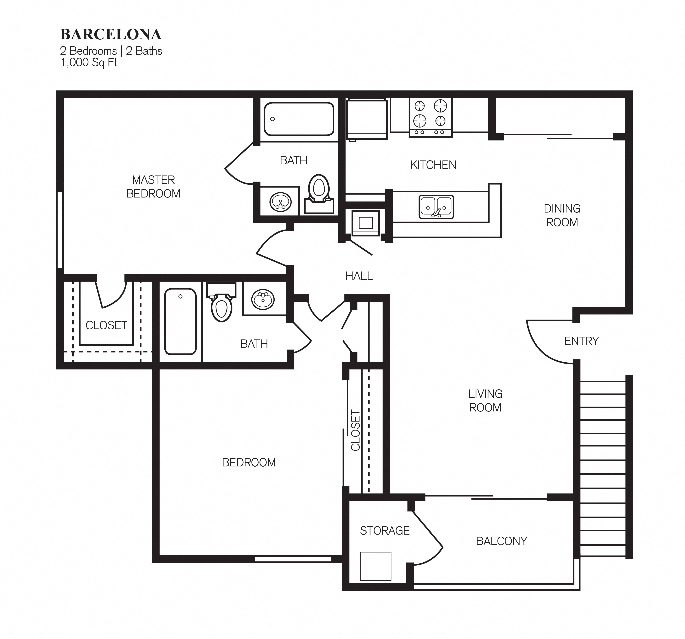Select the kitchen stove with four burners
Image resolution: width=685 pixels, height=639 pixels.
tap(430, 117)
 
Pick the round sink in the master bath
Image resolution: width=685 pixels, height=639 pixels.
tap(280, 202)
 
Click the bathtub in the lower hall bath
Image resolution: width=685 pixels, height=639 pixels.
tap(180, 321)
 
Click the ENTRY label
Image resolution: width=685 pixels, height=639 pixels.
tap(581, 341)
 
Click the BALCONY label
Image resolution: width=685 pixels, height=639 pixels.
tap(501, 541)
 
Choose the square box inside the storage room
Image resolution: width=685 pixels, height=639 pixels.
tap(375, 566)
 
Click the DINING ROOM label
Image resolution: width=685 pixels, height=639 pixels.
tap(562, 215)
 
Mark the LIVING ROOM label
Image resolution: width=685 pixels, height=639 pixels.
tap(485, 400)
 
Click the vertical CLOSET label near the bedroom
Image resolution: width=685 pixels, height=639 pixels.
tap(355, 430)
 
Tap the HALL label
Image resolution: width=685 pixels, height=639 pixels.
tap(359, 276)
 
